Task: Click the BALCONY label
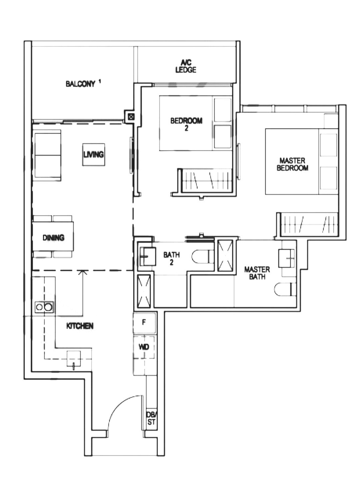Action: [x=80, y=84]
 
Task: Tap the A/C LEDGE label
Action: [x=186, y=66]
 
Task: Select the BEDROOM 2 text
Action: [x=186, y=124]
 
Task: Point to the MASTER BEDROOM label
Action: [x=292, y=164]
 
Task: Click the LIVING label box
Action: [x=94, y=154]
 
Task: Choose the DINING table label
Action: [x=53, y=238]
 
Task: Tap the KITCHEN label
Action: [x=80, y=326]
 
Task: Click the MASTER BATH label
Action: [x=257, y=273]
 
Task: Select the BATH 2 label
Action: [x=171, y=258]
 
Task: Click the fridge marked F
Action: [x=144, y=323]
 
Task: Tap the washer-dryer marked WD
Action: [x=144, y=347]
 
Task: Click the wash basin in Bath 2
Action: [x=147, y=256]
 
